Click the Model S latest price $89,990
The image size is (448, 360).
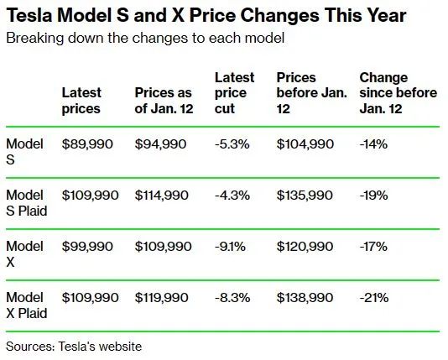point(87,144)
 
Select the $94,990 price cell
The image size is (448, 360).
point(160,144)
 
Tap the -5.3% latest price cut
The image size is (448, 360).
point(232,144)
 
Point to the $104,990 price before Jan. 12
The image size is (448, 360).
point(305,144)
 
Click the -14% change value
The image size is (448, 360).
point(373,144)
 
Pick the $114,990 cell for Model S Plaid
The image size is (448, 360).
point(161,196)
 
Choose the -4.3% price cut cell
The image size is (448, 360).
point(232,196)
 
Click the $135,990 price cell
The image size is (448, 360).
point(305,196)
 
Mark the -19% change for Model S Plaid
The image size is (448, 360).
point(373,196)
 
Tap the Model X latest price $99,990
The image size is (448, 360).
point(87,247)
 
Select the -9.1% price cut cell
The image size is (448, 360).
point(230,247)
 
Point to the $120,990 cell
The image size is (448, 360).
point(305,247)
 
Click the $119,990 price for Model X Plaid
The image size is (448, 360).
point(161,298)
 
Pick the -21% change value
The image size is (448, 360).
point(374,298)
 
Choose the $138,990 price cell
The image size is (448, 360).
point(305,298)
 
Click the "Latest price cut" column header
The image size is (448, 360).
point(234,93)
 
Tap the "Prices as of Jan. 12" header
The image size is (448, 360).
point(164,101)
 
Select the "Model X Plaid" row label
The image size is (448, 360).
point(27,305)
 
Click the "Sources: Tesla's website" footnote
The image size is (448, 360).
point(74,347)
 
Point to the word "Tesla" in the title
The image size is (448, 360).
point(29,15)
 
